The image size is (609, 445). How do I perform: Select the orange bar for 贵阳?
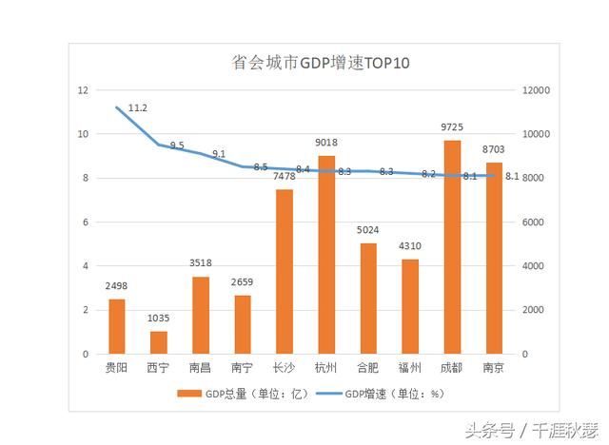tap(116, 326)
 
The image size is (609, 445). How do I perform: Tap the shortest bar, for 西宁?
tap(158, 342)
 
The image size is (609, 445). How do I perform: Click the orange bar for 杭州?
tap(326, 255)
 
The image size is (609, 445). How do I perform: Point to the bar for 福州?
tap(410, 306)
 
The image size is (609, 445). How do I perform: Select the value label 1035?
tap(158, 319)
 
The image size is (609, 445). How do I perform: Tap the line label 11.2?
tap(137, 108)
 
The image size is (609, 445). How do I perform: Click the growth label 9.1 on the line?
tap(219, 154)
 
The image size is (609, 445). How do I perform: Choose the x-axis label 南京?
tap(494, 367)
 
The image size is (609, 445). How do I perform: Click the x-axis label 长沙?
tap(285, 367)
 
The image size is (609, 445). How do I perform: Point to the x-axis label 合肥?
tap(368, 367)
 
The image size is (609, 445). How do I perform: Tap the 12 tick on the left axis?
tap(84, 90)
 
